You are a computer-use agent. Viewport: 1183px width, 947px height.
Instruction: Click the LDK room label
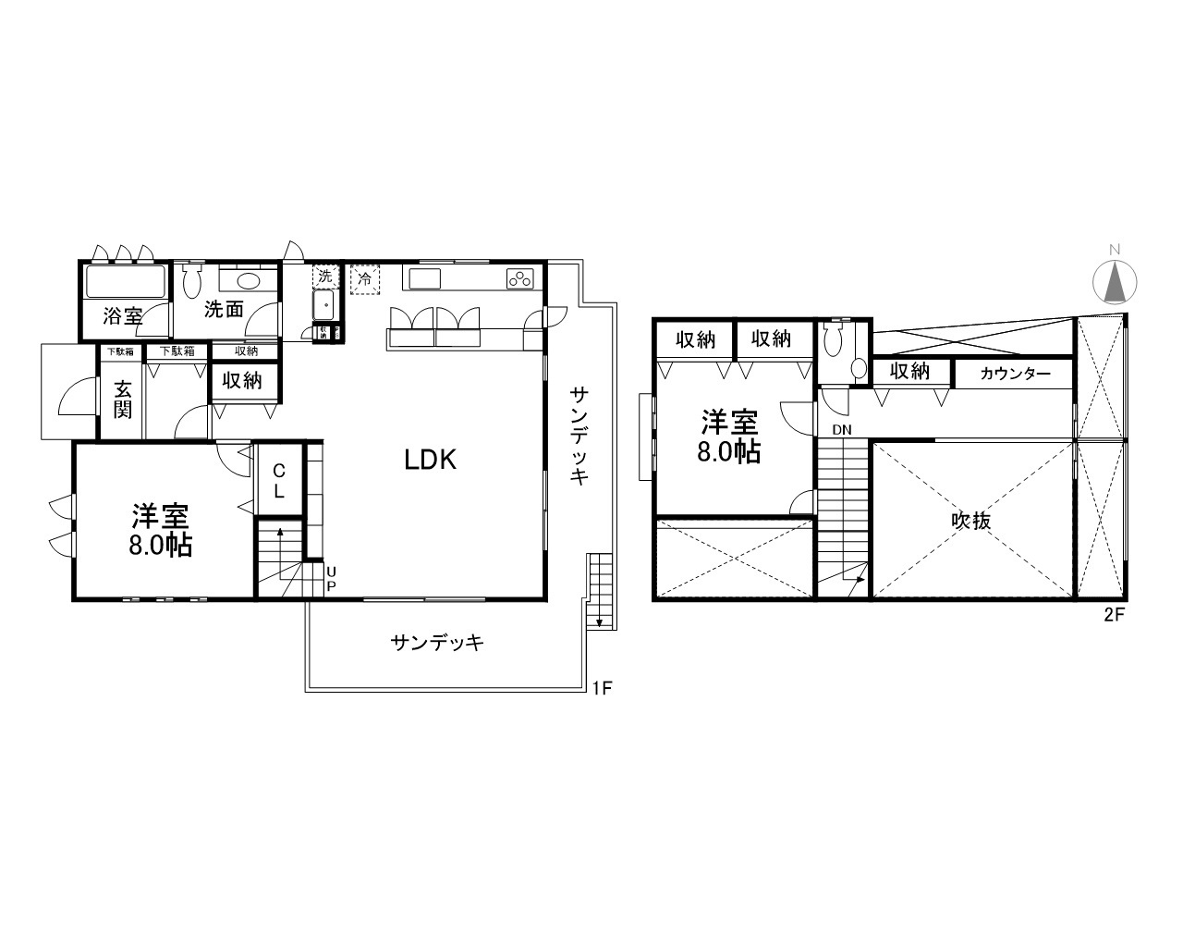point(431,460)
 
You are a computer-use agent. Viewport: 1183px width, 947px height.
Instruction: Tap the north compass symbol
point(1115,280)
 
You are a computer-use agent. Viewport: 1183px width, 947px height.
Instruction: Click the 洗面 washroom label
point(224,309)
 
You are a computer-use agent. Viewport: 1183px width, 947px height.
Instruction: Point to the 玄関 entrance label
point(123,399)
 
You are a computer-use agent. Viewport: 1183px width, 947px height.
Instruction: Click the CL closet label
point(278,482)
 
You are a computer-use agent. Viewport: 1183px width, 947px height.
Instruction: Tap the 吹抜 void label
point(971,521)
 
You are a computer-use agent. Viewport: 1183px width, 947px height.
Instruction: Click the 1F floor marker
point(602,687)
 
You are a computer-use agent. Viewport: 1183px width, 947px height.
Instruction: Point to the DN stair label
point(841,430)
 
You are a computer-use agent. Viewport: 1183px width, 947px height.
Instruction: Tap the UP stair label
point(331,580)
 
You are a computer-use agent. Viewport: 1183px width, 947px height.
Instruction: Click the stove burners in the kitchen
point(518,277)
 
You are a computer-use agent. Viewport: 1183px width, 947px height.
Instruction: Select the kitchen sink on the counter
point(424,278)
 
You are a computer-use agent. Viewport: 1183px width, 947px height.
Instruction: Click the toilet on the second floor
point(837,340)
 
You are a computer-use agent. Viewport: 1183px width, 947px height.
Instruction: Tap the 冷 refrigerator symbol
point(365,277)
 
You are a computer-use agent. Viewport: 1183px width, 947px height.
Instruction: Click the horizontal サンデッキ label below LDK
point(437,643)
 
